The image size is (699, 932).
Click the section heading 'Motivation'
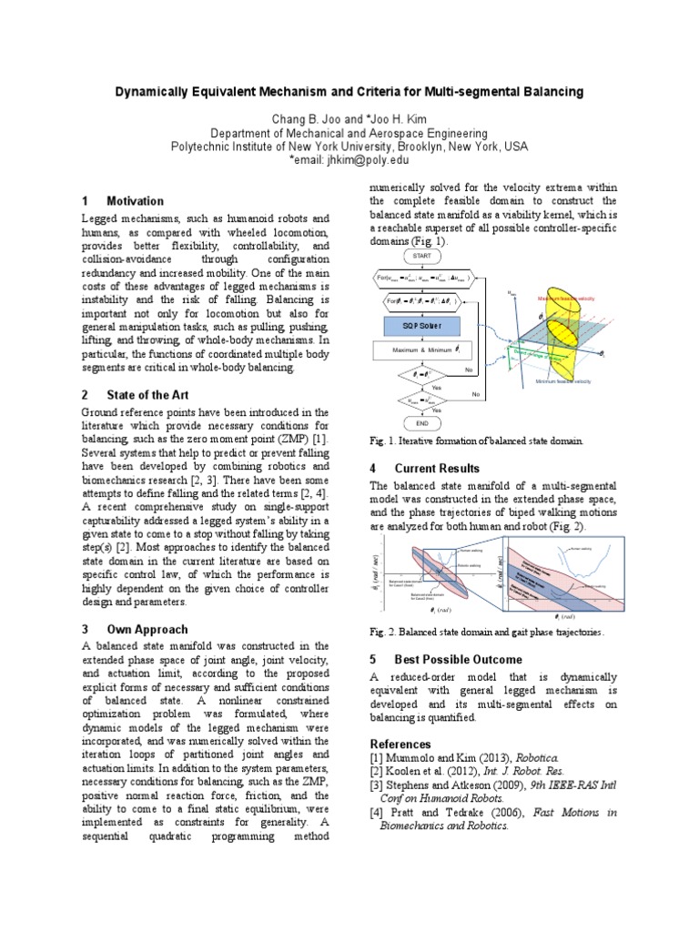pyautogui.click(x=135, y=201)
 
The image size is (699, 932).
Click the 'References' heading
pyautogui.click(x=401, y=744)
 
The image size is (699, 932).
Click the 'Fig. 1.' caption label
pyautogui.click(x=382, y=441)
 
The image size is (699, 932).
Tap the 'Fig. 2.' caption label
pyautogui.click(x=382, y=632)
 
